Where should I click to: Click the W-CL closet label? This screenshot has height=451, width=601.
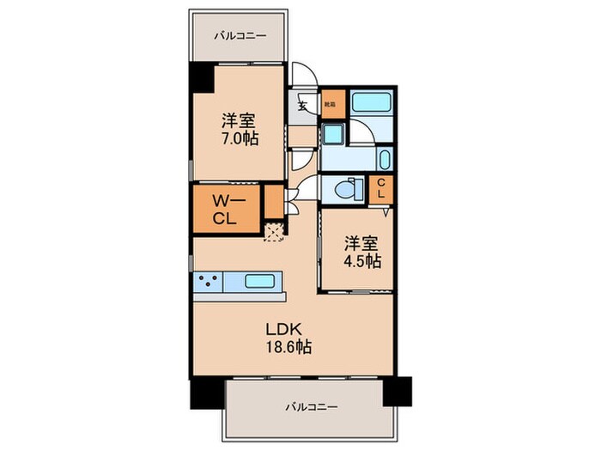(x=228, y=209)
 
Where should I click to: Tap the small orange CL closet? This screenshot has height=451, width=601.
(x=380, y=187)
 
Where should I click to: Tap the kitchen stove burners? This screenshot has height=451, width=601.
(x=208, y=280)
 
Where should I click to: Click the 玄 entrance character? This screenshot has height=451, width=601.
(x=302, y=107)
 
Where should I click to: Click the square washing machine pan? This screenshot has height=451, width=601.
(x=333, y=134)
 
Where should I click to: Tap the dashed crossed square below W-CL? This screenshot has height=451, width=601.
(x=273, y=230)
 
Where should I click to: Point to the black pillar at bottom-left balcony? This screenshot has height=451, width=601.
(x=207, y=392)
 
